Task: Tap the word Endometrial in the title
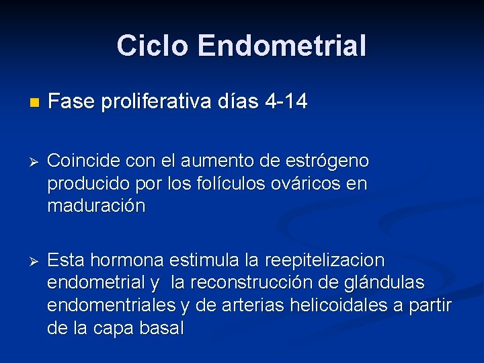click(282, 46)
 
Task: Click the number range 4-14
click(286, 102)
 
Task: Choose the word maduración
click(96, 206)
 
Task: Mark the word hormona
click(132, 259)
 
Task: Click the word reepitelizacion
click(325, 259)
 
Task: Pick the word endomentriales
click(112, 305)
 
